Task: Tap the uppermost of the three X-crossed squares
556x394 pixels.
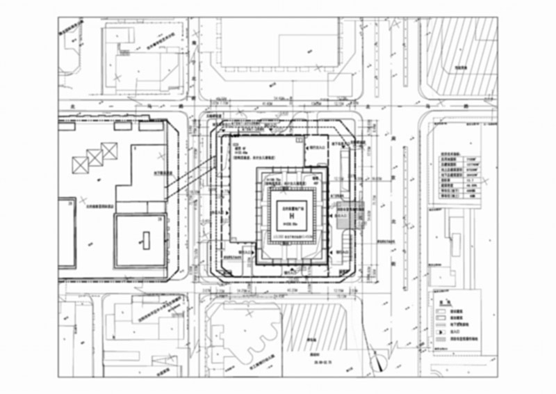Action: click(x=109, y=150)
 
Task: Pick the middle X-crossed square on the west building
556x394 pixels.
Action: click(x=95, y=157)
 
